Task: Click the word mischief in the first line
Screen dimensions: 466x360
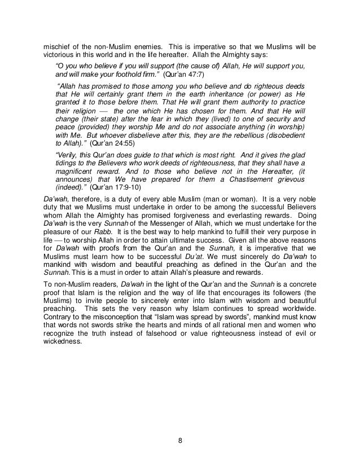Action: pyautogui.click(x=57, y=46)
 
